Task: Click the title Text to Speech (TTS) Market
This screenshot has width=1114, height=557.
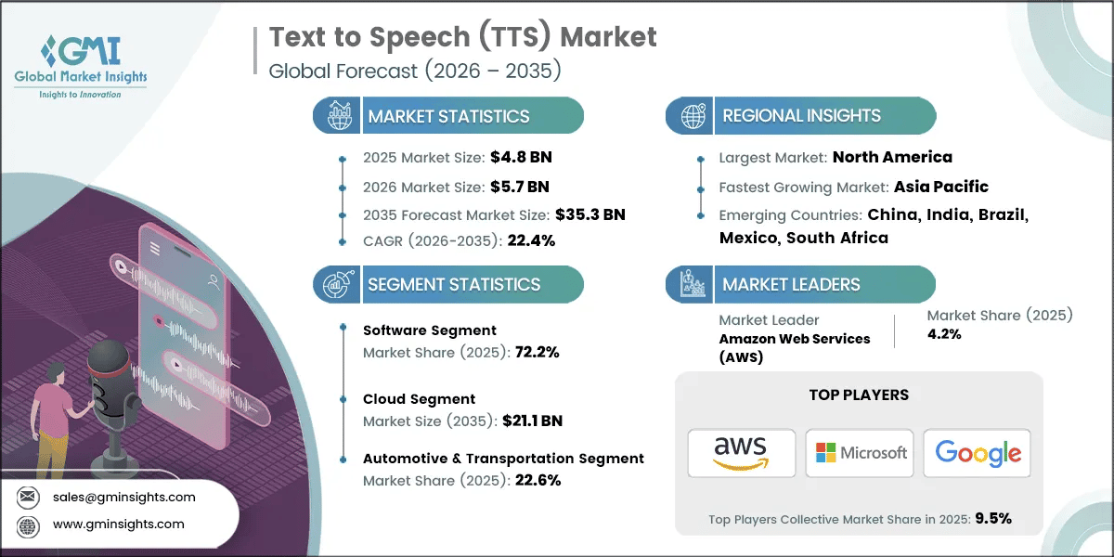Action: pos(462,37)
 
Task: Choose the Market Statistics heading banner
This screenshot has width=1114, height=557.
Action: pos(448,116)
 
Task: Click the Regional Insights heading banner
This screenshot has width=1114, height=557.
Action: pos(800,116)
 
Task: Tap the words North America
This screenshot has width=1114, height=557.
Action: pos(892,157)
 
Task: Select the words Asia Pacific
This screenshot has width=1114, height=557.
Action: pos(941,187)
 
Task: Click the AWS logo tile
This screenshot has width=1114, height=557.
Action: pos(740,453)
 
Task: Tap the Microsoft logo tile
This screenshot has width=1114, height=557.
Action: pos(860,453)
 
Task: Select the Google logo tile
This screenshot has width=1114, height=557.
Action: pos(978,453)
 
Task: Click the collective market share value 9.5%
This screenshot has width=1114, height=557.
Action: pos(992,518)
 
